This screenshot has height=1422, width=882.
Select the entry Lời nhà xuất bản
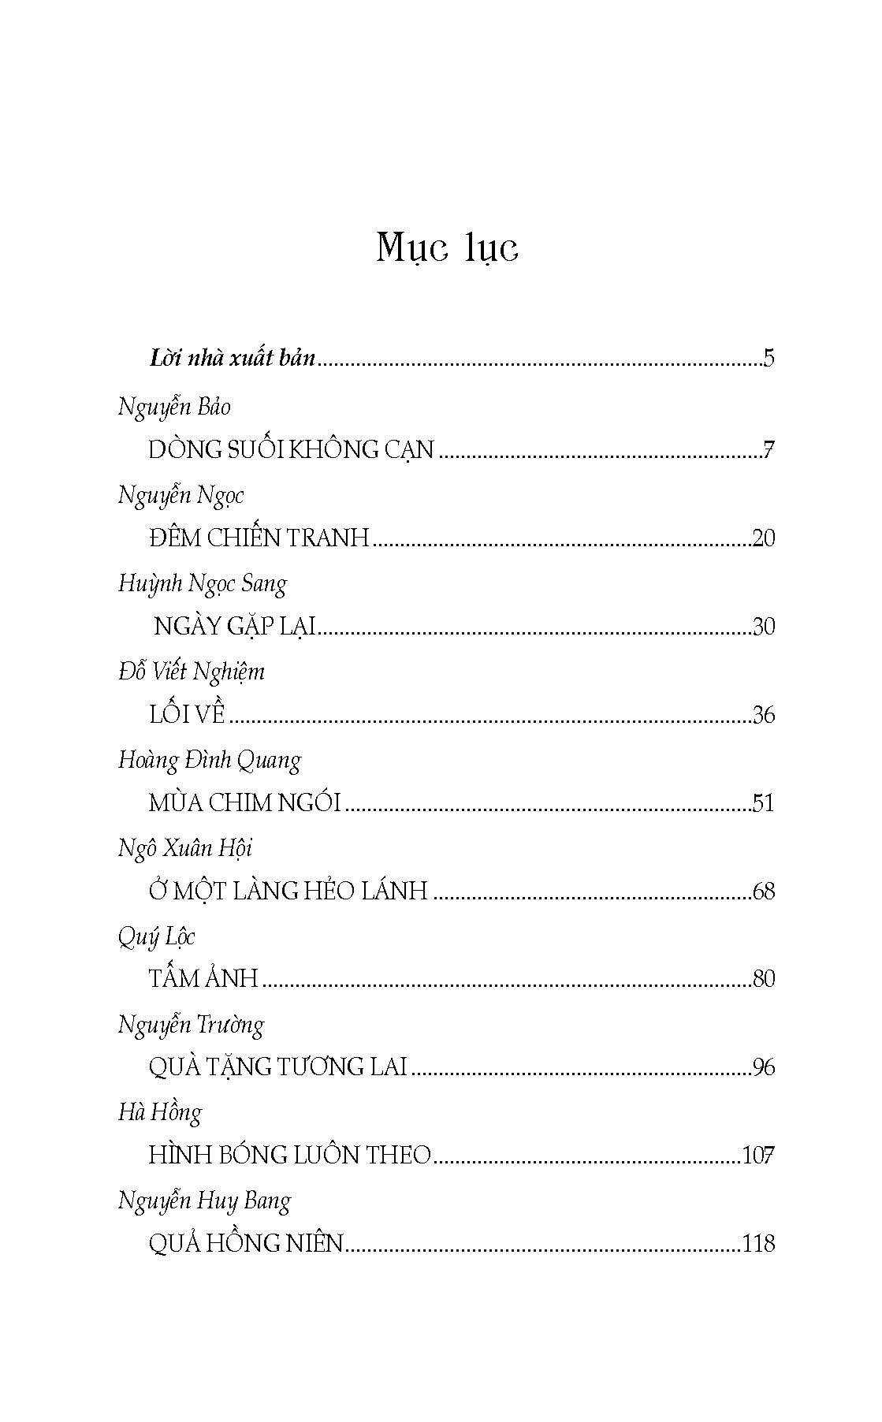point(233,359)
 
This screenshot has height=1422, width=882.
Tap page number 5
point(769,359)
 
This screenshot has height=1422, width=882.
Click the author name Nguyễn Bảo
point(174,408)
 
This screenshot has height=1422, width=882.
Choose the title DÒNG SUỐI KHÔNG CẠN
point(291,450)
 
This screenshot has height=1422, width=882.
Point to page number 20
point(764,538)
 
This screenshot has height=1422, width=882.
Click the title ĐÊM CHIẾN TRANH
point(259,538)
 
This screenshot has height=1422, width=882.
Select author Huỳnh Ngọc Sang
point(203,584)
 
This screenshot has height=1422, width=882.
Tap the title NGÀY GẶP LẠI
point(234,627)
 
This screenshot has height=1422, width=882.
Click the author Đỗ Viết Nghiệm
point(192,672)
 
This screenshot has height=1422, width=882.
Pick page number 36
point(764,715)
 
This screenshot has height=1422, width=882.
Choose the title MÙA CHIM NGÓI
point(244,803)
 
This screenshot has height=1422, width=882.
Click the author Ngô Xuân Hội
point(185,849)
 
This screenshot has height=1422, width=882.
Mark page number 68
point(764,892)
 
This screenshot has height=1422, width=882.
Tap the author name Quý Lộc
point(156,937)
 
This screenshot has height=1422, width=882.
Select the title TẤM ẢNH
point(203,979)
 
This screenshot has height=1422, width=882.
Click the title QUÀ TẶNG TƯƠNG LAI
point(277,1067)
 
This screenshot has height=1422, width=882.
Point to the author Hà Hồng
point(160,1113)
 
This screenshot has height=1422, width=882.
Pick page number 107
point(758,1156)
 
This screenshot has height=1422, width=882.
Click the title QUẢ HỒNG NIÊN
point(246,1244)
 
